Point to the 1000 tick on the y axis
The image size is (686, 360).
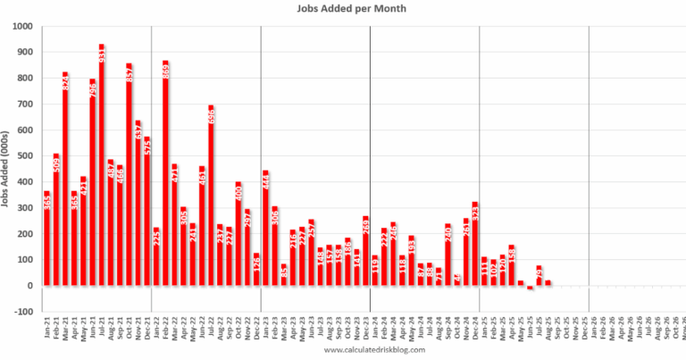pos(24,26)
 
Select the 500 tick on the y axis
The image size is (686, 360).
pos(27,156)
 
